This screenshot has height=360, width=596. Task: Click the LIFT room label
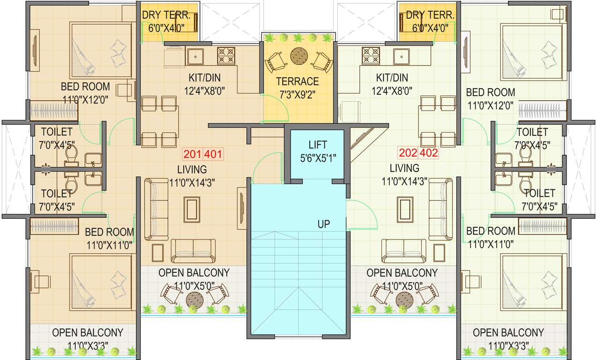click(x=317, y=145)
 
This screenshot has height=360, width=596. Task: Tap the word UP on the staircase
click(x=323, y=224)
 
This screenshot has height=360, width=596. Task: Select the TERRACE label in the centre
click(x=297, y=82)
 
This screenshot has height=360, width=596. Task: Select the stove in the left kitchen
click(x=226, y=56)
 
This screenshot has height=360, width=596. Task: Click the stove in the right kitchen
click(x=371, y=56)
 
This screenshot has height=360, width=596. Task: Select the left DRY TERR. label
click(x=166, y=15)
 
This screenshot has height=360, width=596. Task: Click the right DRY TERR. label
click(x=430, y=15)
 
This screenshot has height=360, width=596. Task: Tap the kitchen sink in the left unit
click(x=195, y=56)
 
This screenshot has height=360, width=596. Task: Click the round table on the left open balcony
click(x=194, y=299)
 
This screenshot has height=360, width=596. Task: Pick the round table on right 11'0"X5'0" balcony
click(x=403, y=299)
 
